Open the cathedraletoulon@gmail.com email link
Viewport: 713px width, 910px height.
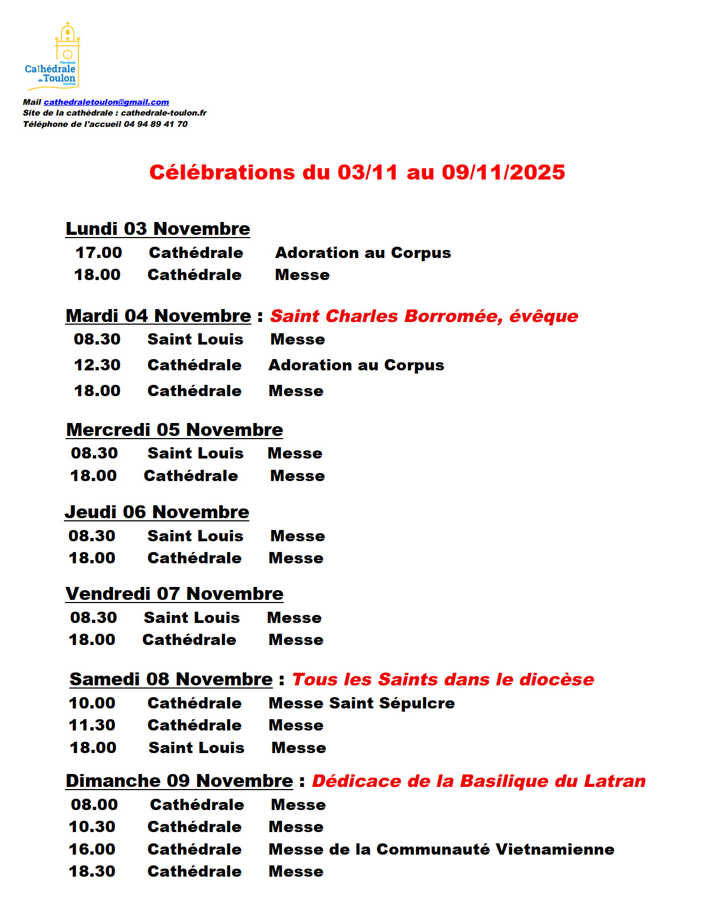click(106, 102)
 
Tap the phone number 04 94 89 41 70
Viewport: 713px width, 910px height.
click(156, 124)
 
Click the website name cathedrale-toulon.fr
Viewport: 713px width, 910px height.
click(164, 113)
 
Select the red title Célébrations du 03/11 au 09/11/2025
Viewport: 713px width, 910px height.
click(357, 173)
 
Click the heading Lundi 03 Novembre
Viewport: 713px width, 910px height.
click(157, 229)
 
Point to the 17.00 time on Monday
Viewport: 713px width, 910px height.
click(99, 253)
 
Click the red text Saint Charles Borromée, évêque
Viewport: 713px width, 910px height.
click(423, 316)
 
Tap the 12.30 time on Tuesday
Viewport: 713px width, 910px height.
click(97, 365)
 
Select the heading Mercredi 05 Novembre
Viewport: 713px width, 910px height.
click(174, 430)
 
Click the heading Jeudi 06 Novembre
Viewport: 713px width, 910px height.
click(157, 512)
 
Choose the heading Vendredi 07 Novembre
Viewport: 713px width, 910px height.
click(174, 594)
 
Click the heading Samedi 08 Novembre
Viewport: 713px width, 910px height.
click(171, 679)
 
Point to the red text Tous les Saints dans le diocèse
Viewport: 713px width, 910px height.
click(443, 679)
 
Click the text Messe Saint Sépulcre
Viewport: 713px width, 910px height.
click(362, 703)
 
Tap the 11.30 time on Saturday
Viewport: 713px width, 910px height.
click(92, 725)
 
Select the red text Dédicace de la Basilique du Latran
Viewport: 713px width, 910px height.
click(478, 781)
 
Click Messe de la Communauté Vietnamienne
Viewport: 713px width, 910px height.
click(441, 849)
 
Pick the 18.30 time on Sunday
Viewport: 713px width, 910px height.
click(92, 871)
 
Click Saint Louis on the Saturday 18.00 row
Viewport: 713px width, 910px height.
click(196, 748)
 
